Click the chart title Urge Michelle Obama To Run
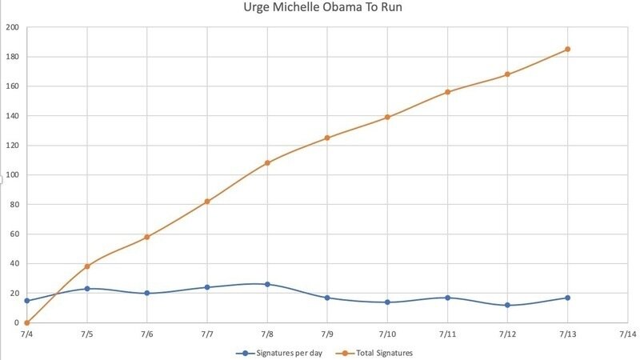click(x=319, y=9)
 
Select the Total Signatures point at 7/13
click(x=567, y=49)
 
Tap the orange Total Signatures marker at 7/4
click(x=27, y=322)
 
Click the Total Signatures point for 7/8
click(x=267, y=162)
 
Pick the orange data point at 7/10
click(x=387, y=117)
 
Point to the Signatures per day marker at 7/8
click(x=267, y=284)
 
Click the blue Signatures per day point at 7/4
click(x=27, y=301)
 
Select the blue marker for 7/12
click(x=507, y=305)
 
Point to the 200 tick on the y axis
click(x=13, y=27)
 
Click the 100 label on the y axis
click(x=13, y=175)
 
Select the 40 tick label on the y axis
click(x=14, y=264)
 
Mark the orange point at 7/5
click(x=87, y=266)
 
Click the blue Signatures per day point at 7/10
click(x=387, y=302)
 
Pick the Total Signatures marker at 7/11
click(x=447, y=92)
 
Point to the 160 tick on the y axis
click(x=13, y=86)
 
